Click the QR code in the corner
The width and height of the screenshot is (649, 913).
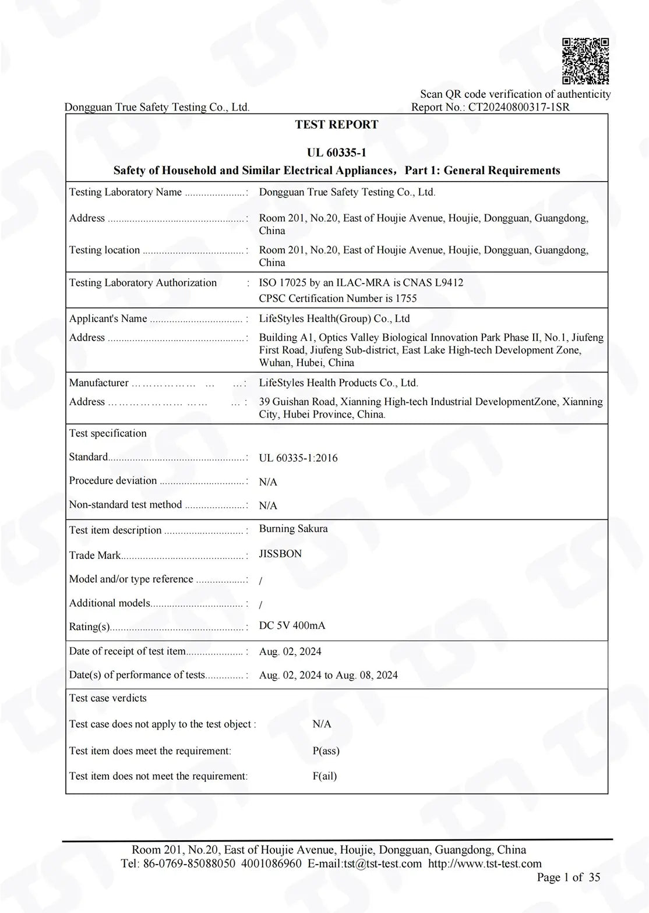point(585,61)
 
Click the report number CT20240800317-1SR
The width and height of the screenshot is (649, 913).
point(519,107)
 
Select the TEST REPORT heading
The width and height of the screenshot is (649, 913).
point(337,125)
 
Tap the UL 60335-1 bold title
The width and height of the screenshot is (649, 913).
point(337,153)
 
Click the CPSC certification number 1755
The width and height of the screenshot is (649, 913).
point(406,299)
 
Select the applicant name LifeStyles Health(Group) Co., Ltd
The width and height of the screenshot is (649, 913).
point(334,319)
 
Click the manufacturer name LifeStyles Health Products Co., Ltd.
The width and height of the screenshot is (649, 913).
point(338,383)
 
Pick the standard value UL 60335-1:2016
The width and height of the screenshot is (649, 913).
point(298,458)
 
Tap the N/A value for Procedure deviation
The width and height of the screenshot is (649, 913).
point(268,482)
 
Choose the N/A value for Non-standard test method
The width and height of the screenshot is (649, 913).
point(268,505)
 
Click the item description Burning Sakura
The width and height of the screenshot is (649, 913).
point(293,529)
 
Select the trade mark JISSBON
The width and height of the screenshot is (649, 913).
point(280,554)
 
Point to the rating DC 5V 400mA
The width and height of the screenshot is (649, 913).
point(292,626)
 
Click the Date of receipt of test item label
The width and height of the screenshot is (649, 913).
point(127,652)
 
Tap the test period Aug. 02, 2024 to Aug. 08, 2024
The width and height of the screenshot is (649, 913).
point(329,675)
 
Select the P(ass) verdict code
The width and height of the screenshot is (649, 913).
point(326,751)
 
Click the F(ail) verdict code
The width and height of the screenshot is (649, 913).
point(324,776)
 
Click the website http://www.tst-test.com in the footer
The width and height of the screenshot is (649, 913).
point(485,864)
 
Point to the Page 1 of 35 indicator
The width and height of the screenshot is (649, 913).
point(568,877)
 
